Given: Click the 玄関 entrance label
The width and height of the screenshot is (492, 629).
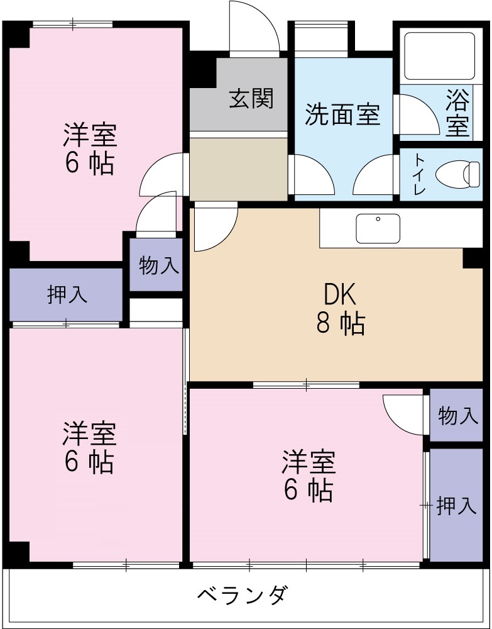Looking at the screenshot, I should (251, 98).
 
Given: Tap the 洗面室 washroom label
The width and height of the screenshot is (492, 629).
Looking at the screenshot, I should (342, 115).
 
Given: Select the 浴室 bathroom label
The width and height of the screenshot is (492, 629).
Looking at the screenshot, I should (457, 113).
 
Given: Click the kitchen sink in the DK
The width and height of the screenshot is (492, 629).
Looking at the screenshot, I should (378, 228).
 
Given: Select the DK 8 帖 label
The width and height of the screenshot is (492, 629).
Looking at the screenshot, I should (340, 308).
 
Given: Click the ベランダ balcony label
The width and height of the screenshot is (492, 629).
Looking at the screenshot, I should (243, 594).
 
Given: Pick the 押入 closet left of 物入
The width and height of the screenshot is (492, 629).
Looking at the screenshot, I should (66, 294).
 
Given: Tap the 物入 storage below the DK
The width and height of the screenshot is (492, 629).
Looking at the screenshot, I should (457, 415).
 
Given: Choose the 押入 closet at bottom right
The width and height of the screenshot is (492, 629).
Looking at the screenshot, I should (456, 505).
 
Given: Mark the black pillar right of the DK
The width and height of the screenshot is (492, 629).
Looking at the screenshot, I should (472, 257).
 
